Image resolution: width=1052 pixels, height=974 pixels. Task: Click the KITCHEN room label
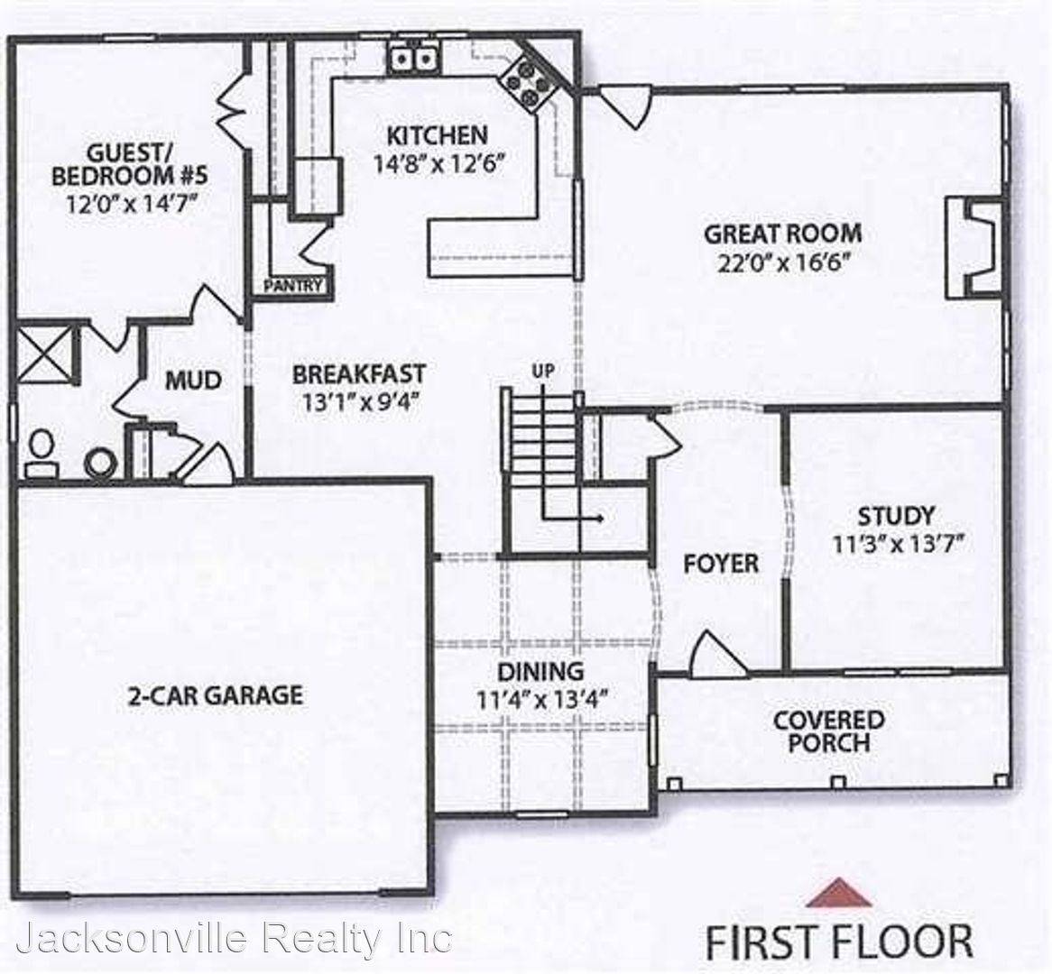pos(437,136)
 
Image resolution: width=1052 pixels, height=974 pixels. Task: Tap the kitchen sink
pos(413,60)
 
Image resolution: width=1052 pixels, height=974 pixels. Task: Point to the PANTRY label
pos(292,287)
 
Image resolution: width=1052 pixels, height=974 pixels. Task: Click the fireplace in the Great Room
pos(970,248)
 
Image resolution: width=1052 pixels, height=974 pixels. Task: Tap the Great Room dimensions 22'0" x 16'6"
pos(782,262)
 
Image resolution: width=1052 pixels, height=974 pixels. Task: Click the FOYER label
pos(720,565)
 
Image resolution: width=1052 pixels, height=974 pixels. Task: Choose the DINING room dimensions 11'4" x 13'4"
pos(541,700)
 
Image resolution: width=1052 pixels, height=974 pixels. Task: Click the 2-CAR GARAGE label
pos(214,695)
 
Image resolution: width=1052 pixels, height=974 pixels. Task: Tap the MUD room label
pos(193,381)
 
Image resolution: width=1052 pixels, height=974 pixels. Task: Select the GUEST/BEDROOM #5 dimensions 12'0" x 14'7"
pos(131,203)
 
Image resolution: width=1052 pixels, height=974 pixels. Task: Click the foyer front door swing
pos(714,655)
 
